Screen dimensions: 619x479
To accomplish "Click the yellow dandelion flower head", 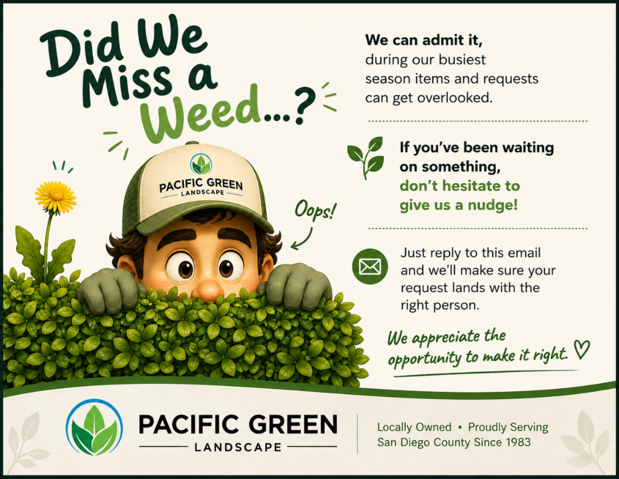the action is click(56, 197).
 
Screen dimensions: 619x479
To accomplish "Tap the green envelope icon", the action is click(370, 266).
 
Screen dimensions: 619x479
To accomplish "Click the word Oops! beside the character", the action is click(315, 211).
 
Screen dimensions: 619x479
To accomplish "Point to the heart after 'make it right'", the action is click(582, 349).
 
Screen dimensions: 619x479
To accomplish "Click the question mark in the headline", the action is click(305, 106).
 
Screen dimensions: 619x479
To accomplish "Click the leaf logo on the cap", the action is click(201, 164).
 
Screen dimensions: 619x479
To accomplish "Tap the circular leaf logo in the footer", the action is click(94, 427).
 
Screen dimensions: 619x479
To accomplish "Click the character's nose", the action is click(208, 289).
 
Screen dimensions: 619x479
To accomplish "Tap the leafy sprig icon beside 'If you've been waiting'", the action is click(366, 157).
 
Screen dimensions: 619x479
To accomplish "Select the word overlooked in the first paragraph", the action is click(454, 98).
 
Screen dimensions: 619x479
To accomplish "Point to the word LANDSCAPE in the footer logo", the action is click(238, 448).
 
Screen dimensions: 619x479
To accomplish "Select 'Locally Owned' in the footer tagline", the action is click(414, 427).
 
